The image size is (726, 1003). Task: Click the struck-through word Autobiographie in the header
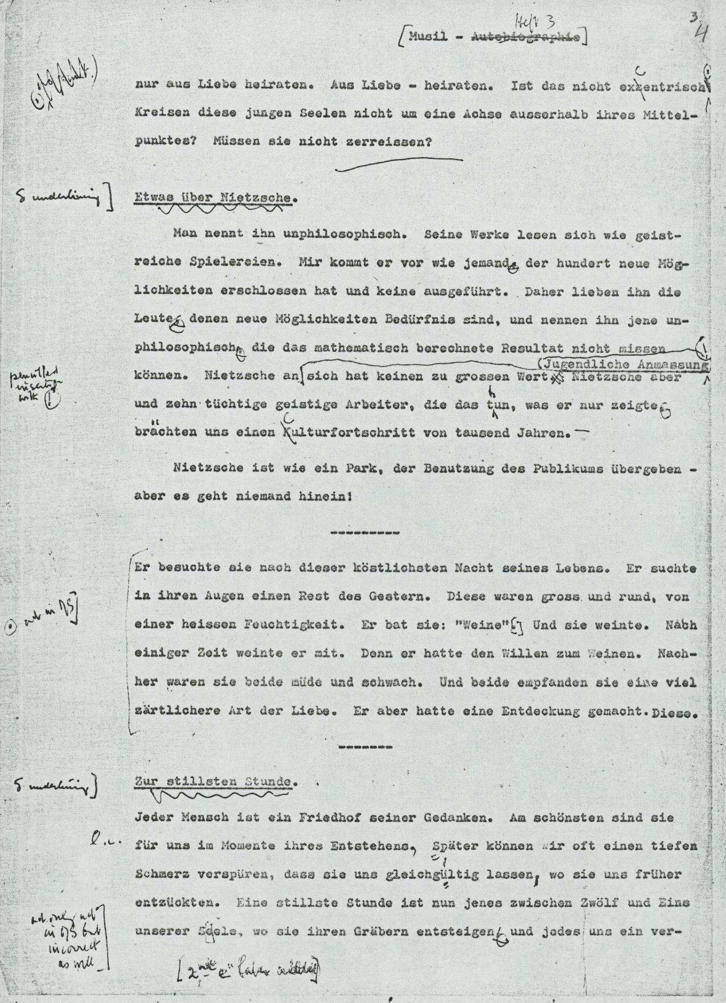click(526, 38)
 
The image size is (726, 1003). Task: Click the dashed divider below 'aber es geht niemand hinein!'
click(364, 533)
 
